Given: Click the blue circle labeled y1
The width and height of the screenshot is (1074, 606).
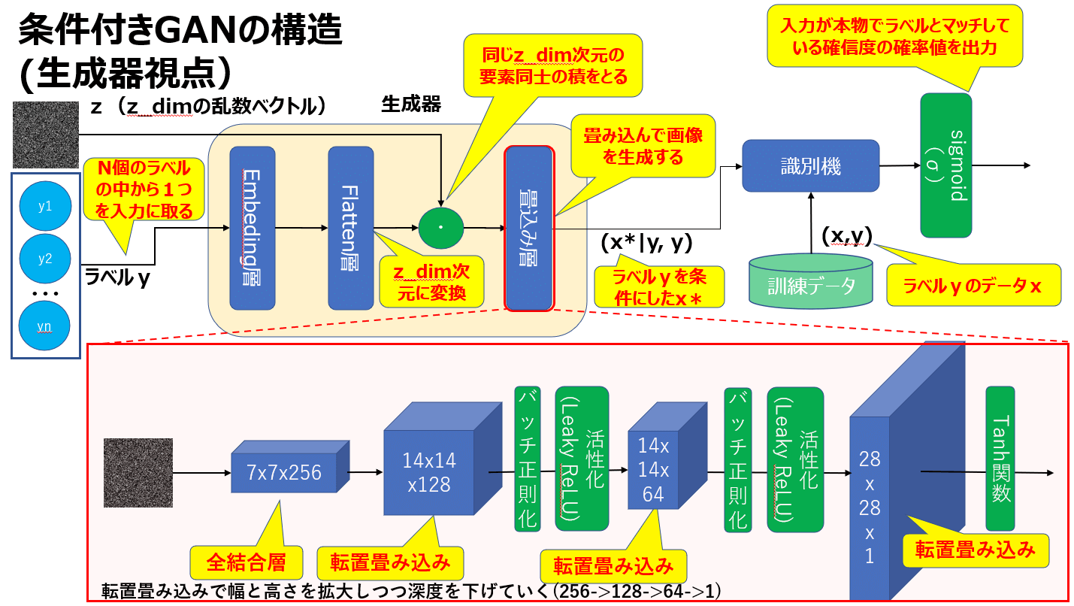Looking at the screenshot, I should (45, 205).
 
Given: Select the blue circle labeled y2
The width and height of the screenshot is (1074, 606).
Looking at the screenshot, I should (45, 259).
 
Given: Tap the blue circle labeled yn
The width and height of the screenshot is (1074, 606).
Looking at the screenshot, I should (45, 326).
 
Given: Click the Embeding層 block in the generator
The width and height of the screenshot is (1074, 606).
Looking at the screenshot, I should (253, 227).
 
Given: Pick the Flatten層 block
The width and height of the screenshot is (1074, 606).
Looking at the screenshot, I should (351, 227).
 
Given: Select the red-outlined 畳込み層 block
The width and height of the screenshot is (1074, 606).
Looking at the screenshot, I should (529, 229).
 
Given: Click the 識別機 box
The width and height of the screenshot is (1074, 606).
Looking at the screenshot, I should (810, 165).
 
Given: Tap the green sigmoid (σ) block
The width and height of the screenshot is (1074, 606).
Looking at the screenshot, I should (945, 165).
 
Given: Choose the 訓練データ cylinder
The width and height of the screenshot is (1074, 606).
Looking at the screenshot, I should (811, 284).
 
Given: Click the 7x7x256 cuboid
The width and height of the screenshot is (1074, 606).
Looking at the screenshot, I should (284, 472).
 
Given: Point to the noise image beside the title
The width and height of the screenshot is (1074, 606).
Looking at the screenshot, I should (46, 135).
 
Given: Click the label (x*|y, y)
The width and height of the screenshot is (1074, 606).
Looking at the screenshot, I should (646, 242).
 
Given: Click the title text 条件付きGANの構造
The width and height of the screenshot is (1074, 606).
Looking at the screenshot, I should (180, 32).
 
